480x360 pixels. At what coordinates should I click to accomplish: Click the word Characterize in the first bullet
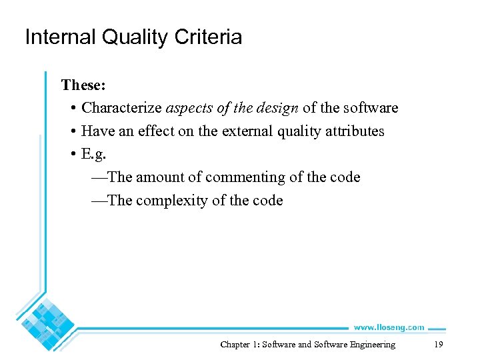coord(121,108)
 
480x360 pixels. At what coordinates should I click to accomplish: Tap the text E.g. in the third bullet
coord(94,155)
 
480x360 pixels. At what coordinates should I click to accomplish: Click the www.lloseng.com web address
coord(388,327)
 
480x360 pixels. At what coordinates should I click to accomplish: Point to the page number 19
coord(438,345)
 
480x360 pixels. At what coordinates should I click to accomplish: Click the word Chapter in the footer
coord(235,345)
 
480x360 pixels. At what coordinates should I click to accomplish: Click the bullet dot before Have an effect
coord(71,132)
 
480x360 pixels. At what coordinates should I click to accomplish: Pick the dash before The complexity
coord(98,201)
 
